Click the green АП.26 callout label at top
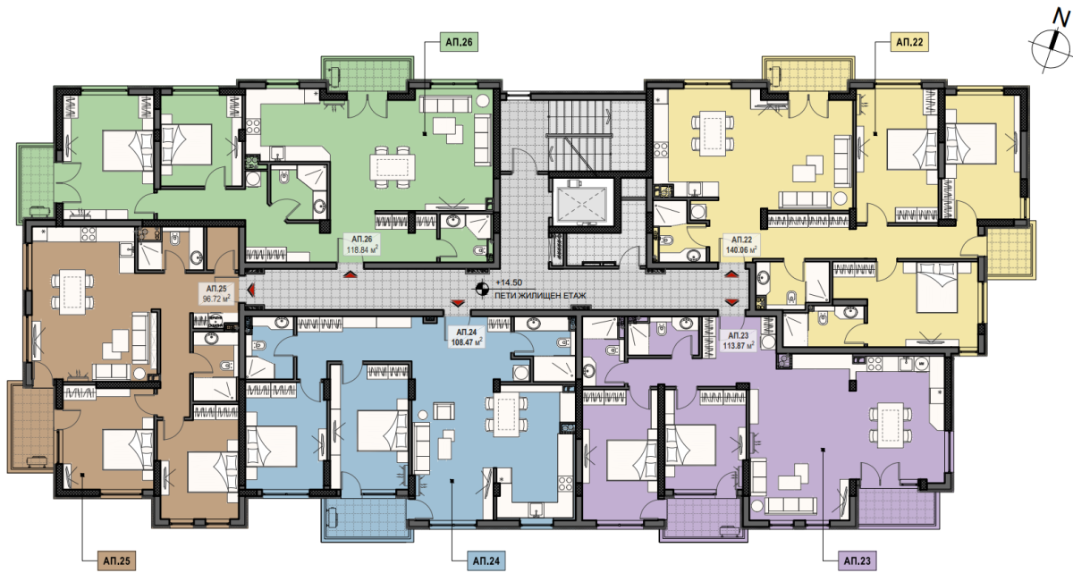pyautogui.click(x=459, y=43)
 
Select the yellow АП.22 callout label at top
pyautogui.click(x=909, y=43)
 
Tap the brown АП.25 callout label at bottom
pyautogui.click(x=116, y=560)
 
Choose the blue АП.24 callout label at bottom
pyautogui.click(x=486, y=560)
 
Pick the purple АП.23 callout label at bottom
pyautogui.click(x=857, y=560)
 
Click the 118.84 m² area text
pyautogui.click(x=362, y=249)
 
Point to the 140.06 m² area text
pyautogui.click(x=741, y=249)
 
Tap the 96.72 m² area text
pyautogui.click(x=216, y=299)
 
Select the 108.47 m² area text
pyautogui.click(x=466, y=342)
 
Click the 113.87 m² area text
pyautogui.click(x=739, y=345)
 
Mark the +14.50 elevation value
pyautogui.click(x=509, y=282)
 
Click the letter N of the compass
pyautogui.click(x=1060, y=19)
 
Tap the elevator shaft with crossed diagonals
pyautogui.click(x=580, y=202)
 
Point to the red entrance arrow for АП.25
pyautogui.click(x=250, y=291)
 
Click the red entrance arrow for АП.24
pyautogui.click(x=459, y=302)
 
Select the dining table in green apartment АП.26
pyautogui.click(x=393, y=167)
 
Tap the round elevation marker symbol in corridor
pyautogui.click(x=482, y=289)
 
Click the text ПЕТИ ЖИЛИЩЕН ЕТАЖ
pyautogui.click(x=540, y=296)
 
